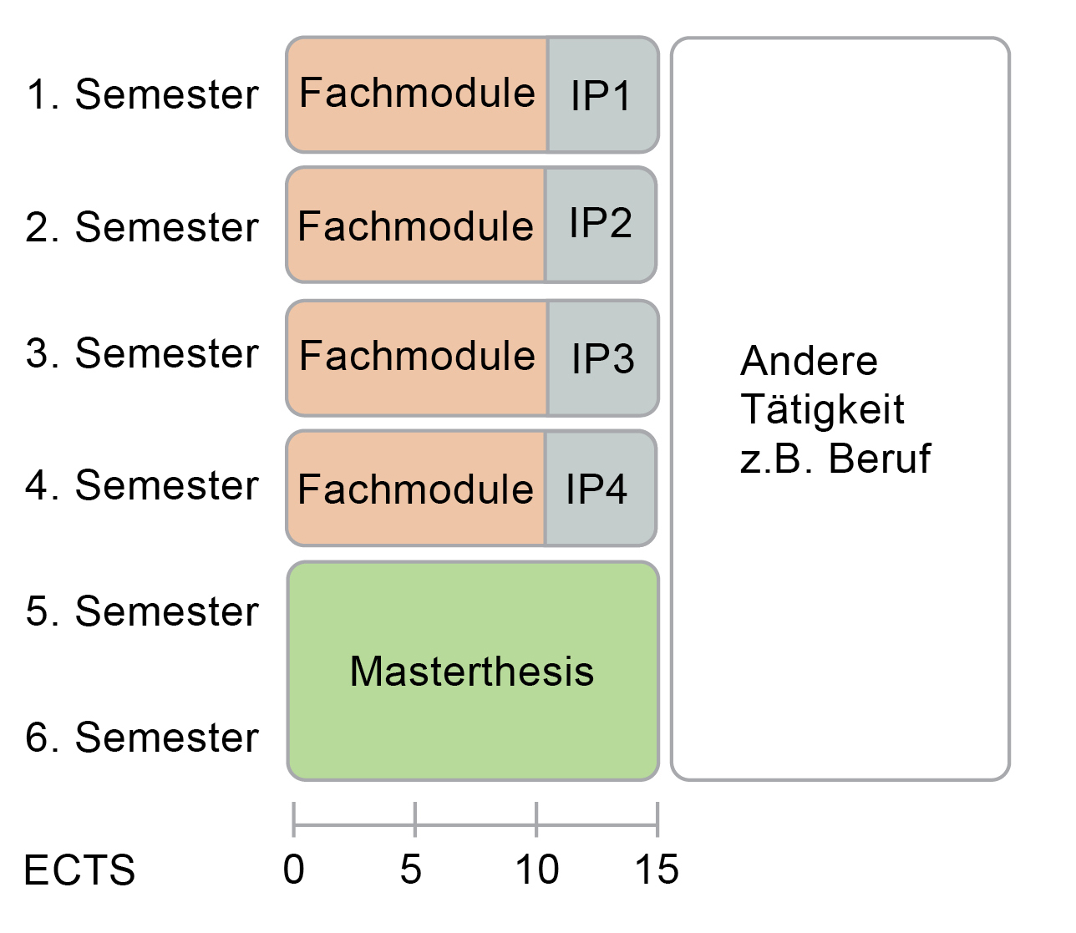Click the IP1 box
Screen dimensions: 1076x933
click(602, 94)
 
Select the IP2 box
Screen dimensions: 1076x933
click(601, 225)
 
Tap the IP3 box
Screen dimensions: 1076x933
click(602, 358)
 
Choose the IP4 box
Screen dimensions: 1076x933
click(601, 489)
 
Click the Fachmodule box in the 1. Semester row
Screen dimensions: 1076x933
click(417, 94)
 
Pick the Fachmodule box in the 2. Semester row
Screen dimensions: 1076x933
click(415, 225)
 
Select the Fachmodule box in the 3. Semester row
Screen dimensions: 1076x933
click(417, 358)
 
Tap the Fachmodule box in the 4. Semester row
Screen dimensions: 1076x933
click(415, 489)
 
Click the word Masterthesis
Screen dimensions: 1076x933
click(472, 672)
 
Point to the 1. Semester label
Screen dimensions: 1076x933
click(142, 94)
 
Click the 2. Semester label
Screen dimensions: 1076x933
click(142, 227)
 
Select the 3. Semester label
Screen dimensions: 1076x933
click(142, 353)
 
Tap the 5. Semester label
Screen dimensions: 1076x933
click(142, 611)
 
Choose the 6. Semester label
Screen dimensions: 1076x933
click(142, 738)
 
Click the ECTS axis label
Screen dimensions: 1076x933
click(79, 870)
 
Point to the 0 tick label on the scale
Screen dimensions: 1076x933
click(293, 869)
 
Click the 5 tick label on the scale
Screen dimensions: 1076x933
click(411, 869)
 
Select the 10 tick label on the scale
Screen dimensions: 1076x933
click(537, 869)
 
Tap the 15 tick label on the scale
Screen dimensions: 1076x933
click(657, 869)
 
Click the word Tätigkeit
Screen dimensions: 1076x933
click(822, 410)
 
